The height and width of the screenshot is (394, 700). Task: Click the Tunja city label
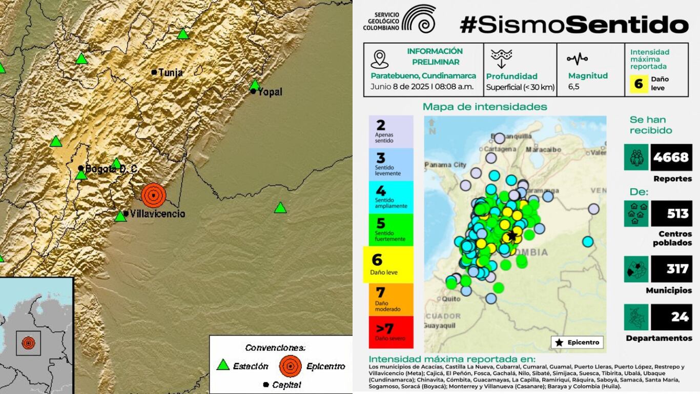coord(170,73)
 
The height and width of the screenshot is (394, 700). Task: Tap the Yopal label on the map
coord(270,92)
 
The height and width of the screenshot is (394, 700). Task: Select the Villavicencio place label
coord(157,214)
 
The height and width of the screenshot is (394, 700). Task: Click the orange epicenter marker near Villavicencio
coord(153,195)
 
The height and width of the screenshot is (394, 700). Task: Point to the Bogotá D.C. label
coord(111,169)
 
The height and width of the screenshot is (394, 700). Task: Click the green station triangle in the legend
coord(223,365)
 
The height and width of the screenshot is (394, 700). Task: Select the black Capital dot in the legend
coord(265,384)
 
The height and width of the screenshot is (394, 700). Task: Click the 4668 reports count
coord(671,157)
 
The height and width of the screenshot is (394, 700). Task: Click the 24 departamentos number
coord(680,317)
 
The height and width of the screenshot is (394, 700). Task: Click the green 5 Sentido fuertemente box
coord(390,229)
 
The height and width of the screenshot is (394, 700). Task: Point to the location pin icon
coord(379,59)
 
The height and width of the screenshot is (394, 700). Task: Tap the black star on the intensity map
coord(511,236)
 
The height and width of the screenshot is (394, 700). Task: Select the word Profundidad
coord(511,76)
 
